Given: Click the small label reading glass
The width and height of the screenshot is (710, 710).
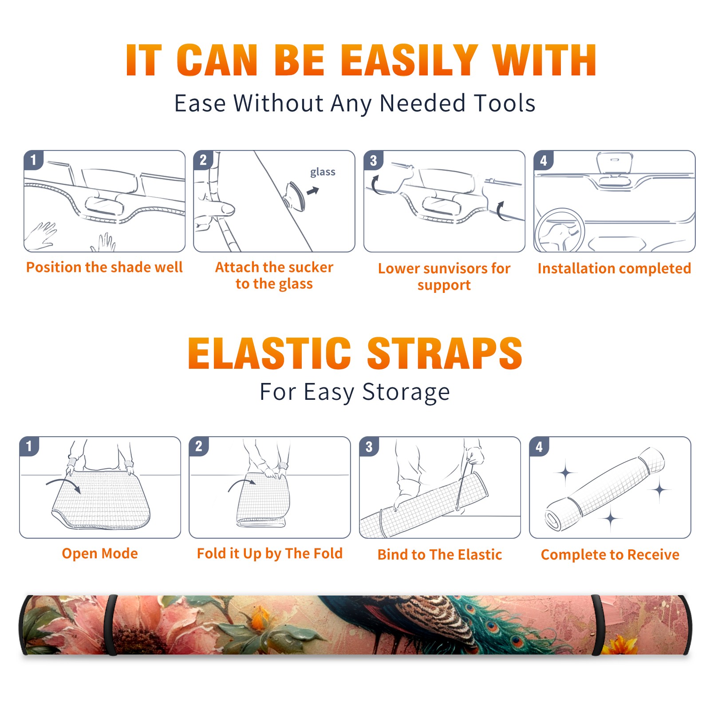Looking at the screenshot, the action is (323, 172).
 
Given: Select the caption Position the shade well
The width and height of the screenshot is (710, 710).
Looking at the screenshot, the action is (104, 267).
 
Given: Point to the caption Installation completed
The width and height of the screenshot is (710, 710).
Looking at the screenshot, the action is (614, 268).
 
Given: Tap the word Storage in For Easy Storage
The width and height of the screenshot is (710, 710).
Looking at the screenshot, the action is (406, 392).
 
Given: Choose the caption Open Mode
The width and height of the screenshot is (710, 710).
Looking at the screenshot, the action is (100, 553).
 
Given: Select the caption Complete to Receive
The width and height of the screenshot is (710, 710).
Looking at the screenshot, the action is (610, 555).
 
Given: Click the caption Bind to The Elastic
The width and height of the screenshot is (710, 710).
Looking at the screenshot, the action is (440, 555).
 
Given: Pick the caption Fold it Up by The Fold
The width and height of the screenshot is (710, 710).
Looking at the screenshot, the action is (270, 553).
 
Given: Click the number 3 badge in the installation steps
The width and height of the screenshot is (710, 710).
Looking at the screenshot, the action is (373, 161).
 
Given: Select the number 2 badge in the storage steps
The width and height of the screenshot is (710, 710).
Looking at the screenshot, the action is (199, 446).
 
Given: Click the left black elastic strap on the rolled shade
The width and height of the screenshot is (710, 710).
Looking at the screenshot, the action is (111, 625).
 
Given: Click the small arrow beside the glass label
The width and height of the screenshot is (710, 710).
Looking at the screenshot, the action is (313, 191).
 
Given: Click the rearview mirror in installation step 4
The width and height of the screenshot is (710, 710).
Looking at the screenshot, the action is (615, 163).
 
